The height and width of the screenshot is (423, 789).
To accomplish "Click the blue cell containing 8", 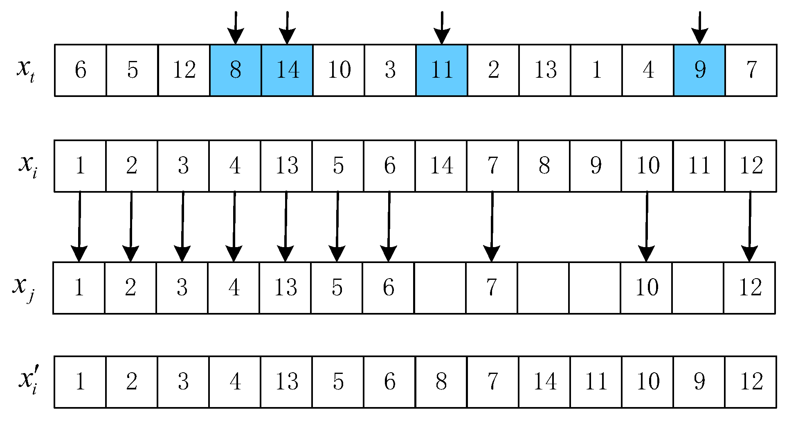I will tap(235, 70).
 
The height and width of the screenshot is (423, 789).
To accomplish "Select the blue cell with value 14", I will tap(287, 70).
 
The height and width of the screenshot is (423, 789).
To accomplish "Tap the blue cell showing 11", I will tap(442, 70).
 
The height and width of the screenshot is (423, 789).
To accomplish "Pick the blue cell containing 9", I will tap(699, 70).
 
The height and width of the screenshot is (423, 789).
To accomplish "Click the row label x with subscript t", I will tap(25, 70).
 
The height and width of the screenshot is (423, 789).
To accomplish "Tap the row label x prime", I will tap(28, 381).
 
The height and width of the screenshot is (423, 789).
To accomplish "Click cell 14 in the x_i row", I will tap(441, 166).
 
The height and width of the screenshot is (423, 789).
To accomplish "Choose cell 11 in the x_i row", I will tap(699, 166).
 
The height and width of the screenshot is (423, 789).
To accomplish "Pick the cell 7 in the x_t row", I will tap(751, 70).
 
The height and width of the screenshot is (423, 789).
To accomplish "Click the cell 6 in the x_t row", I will tap(81, 70).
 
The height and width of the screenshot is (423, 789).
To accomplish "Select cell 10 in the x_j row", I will tap(646, 288).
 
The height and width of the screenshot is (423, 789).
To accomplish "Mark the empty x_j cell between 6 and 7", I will tap(440, 288).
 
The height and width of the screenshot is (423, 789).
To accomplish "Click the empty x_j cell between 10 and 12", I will tap(698, 288).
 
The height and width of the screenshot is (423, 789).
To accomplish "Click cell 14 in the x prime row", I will tap(545, 382).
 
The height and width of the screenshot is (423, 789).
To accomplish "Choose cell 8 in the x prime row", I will tap(441, 382).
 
